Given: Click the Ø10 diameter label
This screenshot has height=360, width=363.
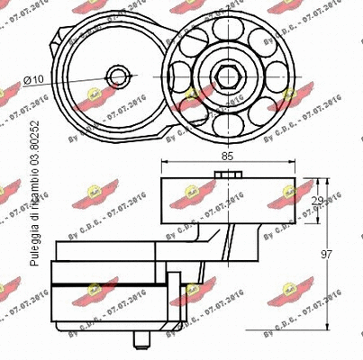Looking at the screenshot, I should pos(33,80).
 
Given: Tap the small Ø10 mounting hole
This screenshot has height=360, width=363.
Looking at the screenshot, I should pos(117,76).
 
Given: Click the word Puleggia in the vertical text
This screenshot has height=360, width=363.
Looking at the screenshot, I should pos(35,244).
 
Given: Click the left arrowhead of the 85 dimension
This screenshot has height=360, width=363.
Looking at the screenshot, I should pos(164,166).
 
